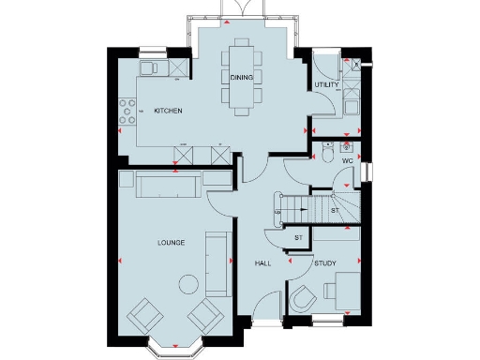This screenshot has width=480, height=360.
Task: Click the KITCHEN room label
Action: [x=168, y=112]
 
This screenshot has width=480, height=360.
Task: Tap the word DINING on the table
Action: [x=241, y=76]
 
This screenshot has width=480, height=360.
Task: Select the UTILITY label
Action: [x=327, y=84]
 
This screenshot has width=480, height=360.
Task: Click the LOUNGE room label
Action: [x=171, y=243]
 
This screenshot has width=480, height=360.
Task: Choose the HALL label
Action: [x=262, y=263]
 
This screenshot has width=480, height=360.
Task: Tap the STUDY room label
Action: [x=325, y=263]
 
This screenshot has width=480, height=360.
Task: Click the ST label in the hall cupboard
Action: [x=298, y=238]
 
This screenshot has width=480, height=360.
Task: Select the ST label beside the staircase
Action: [x=335, y=211]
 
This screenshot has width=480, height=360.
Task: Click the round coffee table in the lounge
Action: [x=188, y=282]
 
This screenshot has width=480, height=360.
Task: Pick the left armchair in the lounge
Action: [x=143, y=314]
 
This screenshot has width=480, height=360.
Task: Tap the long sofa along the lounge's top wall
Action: [x=168, y=186]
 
